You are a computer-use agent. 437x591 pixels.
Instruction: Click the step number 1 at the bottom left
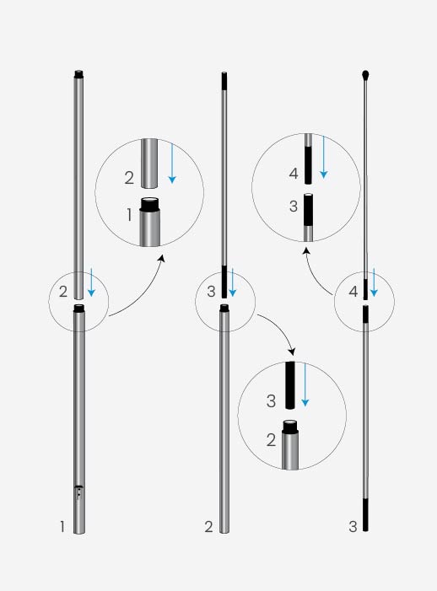click(62, 527)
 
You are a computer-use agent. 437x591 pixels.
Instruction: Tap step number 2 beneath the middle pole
click(208, 527)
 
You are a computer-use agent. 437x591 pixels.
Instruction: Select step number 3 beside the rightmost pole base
click(353, 527)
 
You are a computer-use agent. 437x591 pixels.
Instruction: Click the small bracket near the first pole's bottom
click(78, 492)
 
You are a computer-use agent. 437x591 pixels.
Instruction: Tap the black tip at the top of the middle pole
click(224, 81)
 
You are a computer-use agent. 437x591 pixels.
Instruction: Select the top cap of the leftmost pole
click(78, 74)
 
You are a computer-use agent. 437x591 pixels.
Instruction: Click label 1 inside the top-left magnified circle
click(129, 216)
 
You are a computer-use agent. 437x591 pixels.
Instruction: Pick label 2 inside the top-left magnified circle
click(129, 178)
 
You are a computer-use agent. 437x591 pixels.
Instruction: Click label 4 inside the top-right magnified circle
click(293, 175)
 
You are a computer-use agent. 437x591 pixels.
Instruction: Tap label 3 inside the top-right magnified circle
click(293, 207)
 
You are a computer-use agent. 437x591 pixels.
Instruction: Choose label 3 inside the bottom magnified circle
click(271, 401)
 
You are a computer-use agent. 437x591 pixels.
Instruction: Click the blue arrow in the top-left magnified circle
click(171, 164)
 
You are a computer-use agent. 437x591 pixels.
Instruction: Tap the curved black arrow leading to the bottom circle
click(278, 331)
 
